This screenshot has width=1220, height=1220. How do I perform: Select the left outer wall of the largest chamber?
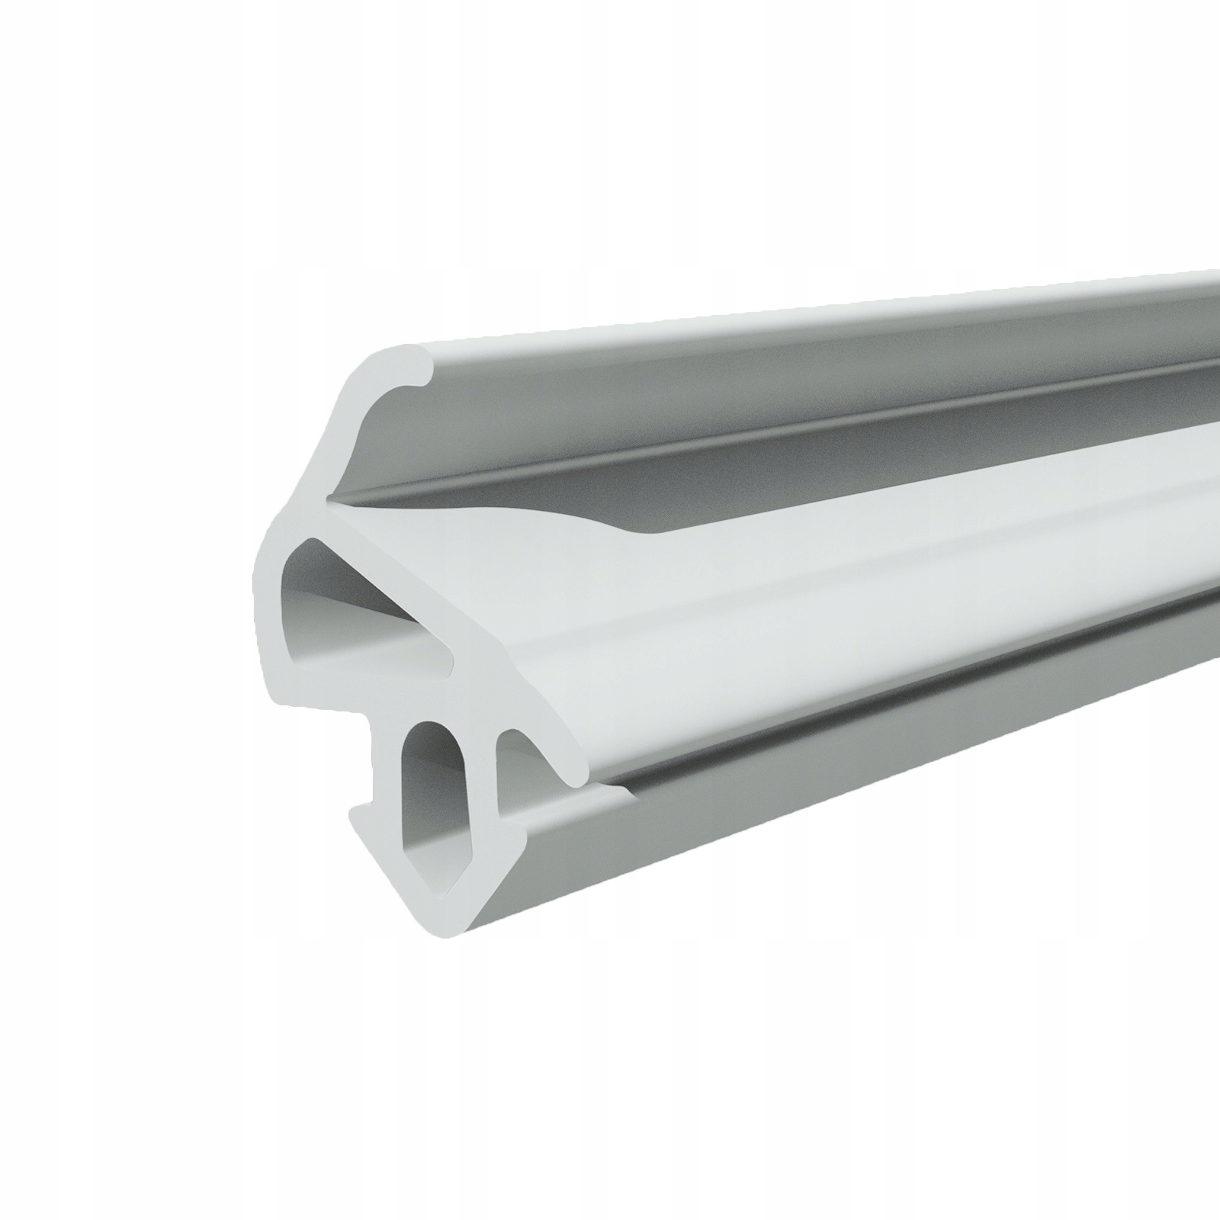coord(265,595)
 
